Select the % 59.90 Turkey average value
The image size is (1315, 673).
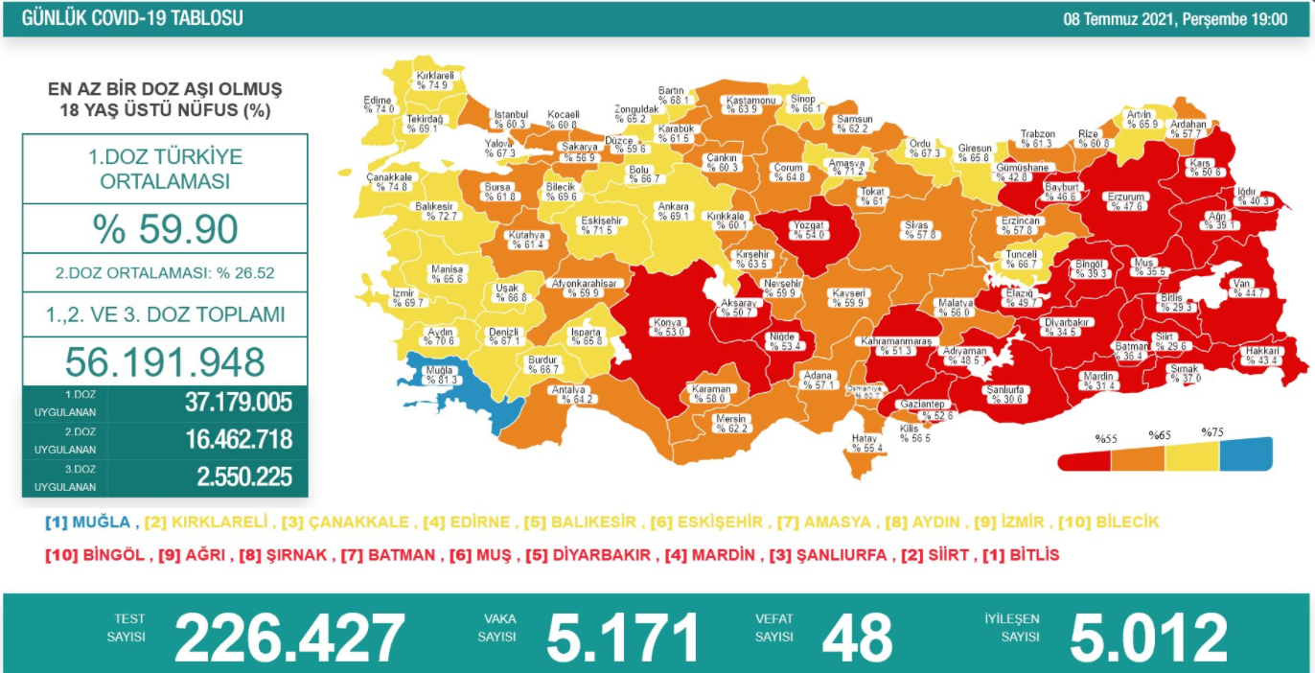click(165, 230)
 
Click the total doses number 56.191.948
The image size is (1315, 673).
click(165, 361)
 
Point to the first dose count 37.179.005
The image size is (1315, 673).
click(238, 402)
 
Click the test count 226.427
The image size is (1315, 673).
click(290, 638)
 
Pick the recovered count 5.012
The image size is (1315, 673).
click(1147, 638)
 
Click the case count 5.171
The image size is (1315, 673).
click(623, 638)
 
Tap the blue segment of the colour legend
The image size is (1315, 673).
click(1246, 453)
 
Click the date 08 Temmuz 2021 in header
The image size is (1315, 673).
click(1121, 18)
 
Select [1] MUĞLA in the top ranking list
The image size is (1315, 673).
click(89, 522)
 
